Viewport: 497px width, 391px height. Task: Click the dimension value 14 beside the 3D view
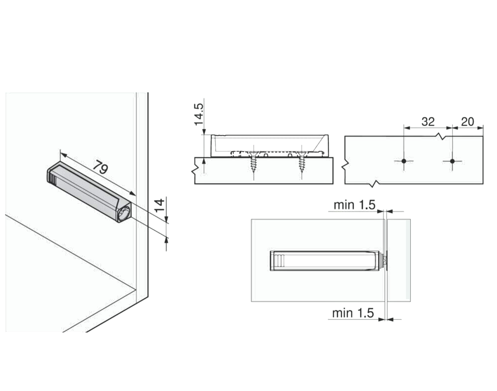(x=159, y=206)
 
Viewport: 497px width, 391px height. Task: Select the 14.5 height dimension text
(x=199, y=114)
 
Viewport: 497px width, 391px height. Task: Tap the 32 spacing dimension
(x=428, y=121)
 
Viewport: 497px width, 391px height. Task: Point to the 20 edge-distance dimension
(x=467, y=121)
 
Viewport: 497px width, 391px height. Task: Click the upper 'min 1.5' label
(x=354, y=205)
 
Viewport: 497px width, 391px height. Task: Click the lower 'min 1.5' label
(x=353, y=313)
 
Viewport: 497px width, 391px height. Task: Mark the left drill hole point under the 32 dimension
(x=404, y=161)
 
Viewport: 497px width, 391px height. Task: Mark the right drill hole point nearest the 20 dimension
(x=452, y=161)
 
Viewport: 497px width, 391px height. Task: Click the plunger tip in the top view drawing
(x=385, y=260)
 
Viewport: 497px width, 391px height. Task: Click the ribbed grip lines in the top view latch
(x=280, y=260)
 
